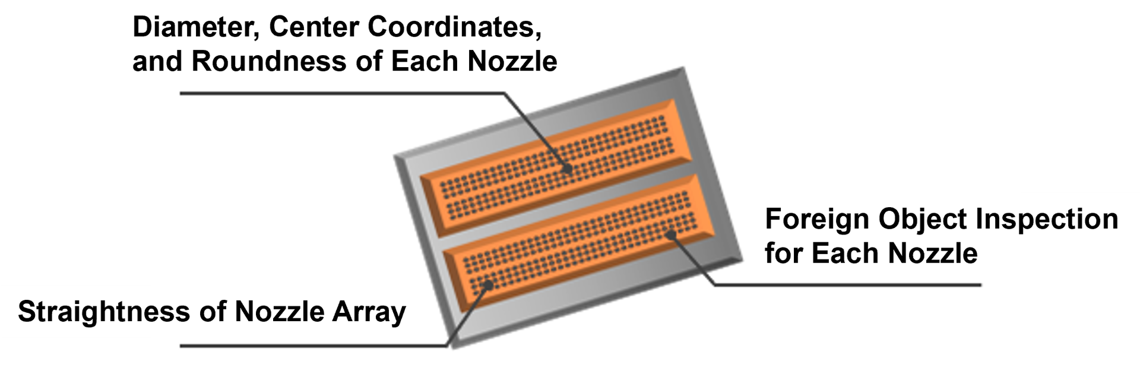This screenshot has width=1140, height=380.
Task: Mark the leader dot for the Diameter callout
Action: (x=568, y=169)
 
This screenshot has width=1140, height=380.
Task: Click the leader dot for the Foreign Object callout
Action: (x=672, y=235)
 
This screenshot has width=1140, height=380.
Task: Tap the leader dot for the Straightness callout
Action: (x=489, y=285)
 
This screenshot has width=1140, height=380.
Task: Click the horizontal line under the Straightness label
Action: (x=309, y=345)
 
